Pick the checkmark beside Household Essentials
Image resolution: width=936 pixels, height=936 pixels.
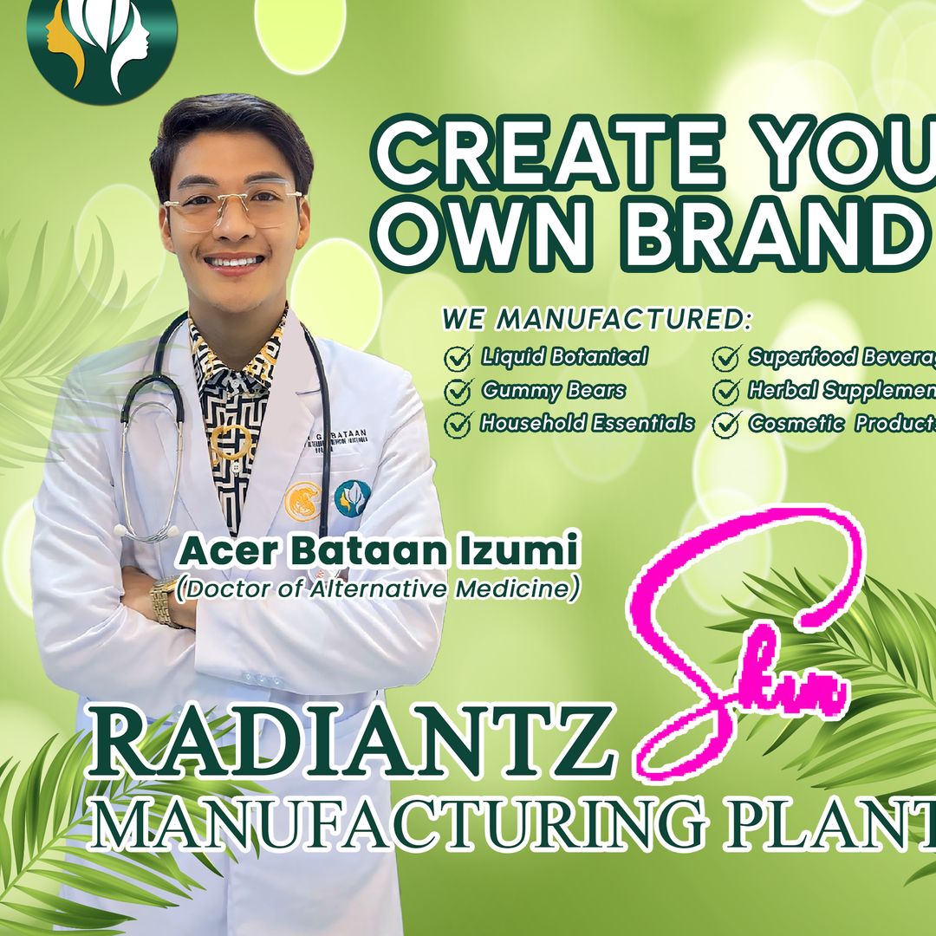457,425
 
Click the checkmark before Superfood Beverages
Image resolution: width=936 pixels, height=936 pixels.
725,358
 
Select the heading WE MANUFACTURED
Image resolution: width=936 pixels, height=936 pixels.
596,319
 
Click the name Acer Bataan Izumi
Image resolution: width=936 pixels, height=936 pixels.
378,551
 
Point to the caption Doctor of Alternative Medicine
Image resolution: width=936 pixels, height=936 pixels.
377,588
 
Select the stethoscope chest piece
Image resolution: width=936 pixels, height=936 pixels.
130,527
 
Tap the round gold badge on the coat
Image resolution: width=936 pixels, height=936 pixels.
304,500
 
